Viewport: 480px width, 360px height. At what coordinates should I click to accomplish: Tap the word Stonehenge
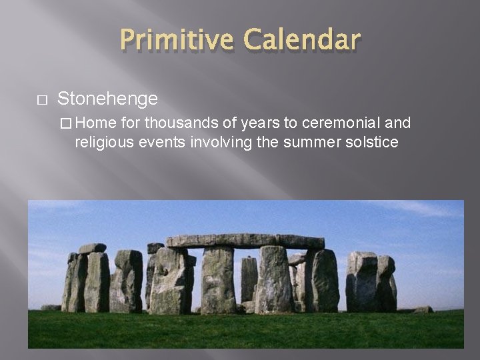pos(107,99)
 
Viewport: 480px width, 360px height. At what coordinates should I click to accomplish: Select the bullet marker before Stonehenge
pos(41,100)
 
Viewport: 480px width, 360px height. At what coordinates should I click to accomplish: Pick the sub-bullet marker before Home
pos(65,123)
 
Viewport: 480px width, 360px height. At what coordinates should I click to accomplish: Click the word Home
pos(99,123)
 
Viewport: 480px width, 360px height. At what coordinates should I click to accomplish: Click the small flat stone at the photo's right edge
pos(421,309)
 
